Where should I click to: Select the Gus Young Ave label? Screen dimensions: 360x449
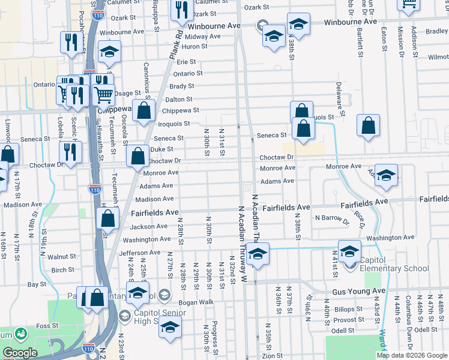[x=358, y=291]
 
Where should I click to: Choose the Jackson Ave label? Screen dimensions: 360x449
[x=149, y=227]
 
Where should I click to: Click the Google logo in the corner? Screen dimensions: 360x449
[x=20, y=353]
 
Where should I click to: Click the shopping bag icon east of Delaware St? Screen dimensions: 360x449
[x=369, y=125]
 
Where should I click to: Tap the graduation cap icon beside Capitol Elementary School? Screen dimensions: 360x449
[x=349, y=251]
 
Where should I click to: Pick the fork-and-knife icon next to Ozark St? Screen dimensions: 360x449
[x=179, y=10]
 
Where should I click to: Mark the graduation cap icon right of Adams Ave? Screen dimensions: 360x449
[x=387, y=174]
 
